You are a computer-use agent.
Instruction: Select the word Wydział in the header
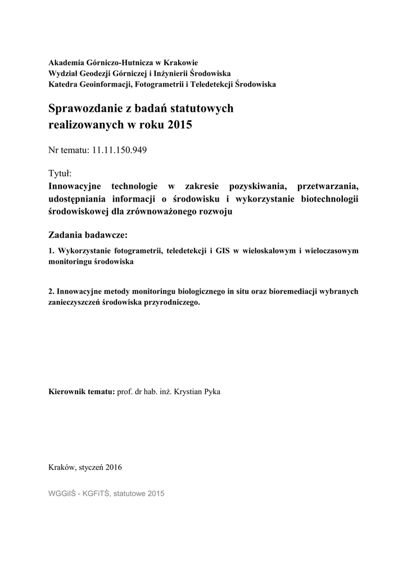pyautogui.click(x=64, y=74)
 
